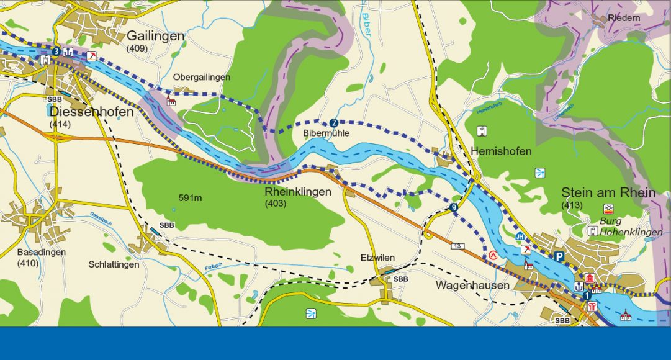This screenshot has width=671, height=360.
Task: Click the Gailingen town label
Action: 155,36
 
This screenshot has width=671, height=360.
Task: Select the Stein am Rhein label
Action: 608,192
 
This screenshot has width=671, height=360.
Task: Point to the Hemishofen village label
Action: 501,151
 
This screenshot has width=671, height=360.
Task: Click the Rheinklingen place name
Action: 297,192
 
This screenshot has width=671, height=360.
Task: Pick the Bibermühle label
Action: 326,133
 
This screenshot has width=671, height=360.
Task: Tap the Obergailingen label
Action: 201,78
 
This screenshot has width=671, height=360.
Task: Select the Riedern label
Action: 624,19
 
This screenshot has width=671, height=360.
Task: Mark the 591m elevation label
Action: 191,198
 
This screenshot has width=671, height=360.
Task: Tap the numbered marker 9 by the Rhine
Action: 454,207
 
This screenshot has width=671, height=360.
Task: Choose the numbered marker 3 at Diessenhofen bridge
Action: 56,51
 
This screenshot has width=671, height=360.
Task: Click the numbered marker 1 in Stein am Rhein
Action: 587,296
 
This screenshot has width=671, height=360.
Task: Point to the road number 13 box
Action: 458,246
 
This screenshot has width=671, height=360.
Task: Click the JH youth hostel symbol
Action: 520,236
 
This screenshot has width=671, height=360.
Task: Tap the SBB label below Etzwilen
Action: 401,279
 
